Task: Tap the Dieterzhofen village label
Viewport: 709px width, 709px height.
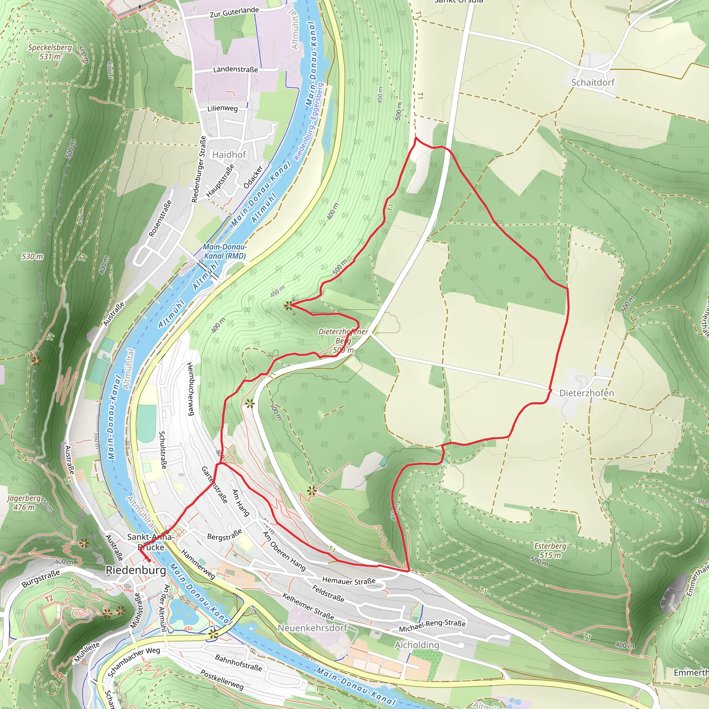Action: click(x=586, y=393)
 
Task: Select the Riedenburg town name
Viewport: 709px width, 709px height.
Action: click(x=136, y=570)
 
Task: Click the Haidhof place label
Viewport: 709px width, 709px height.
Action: click(x=229, y=154)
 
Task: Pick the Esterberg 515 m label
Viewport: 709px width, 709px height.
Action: click(x=550, y=550)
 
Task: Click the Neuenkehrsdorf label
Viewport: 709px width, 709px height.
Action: click(x=312, y=628)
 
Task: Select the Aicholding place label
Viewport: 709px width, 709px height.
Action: click(x=416, y=645)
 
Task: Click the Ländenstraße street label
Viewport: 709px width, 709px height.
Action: click(x=236, y=69)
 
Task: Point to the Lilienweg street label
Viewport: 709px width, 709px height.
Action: click(x=222, y=109)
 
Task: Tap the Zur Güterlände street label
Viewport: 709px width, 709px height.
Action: click(x=234, y=12)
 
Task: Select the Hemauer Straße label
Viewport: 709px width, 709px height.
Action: click(x=349, y=581)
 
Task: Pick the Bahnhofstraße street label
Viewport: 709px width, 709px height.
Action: click(x=239, y=663)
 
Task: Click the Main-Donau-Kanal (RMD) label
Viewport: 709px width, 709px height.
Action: click(x=225, y=251)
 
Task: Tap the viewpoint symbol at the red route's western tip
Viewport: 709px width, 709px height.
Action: click(x=289, y=305)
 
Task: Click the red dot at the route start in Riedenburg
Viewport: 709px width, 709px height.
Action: click(x=149, y=560)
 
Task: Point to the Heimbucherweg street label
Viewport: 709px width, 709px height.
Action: click(x=190, y=389)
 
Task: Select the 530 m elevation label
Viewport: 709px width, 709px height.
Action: click(x=32, y=257)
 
